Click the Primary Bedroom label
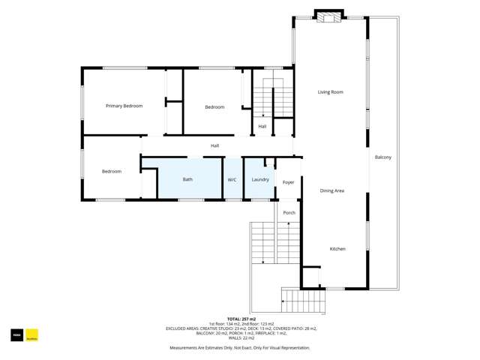click(x=124, y=106)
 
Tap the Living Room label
click(x=330, y=92)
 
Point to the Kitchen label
click(x=337, y=249)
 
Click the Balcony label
click(x=382, y=157)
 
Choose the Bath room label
click(x=187, y=180)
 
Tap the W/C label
click(x=232, y=180)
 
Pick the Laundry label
click(x=260, y=180)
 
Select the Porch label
click(x=289, y=213)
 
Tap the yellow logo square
click(x=31, y=336)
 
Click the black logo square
click(x=16, y=336)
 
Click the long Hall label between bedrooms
click(x=214, y=145)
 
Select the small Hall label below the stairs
click(x=262, y=127)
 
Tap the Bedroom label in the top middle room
click(x=214, y=107)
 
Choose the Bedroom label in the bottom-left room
click(x=112, y=172)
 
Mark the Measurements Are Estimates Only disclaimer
click(x=239, y=348)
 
